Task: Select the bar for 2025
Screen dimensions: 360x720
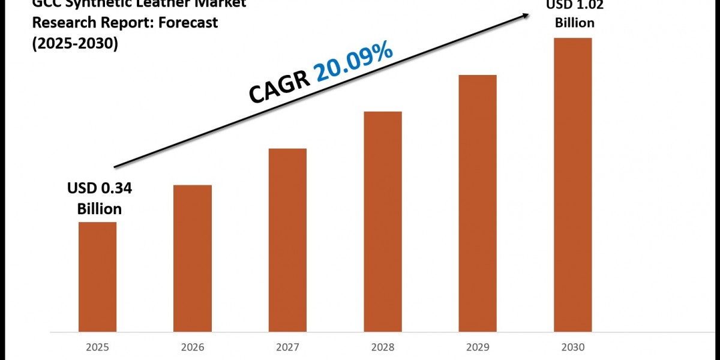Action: (x=97, y=277)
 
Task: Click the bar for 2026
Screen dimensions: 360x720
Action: (x=193, y=258)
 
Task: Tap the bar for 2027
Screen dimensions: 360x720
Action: (x=287, y=240)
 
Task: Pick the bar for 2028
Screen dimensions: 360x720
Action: (x=383, y=221)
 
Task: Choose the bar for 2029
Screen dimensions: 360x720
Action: (x=478, y=203)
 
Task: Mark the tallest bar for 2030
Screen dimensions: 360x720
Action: (x=572, y=185)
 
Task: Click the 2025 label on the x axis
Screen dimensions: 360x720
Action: (x=97, y=347)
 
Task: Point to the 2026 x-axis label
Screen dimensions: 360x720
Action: (x=193, y=347)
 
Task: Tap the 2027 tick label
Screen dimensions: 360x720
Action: (x=287, y=347)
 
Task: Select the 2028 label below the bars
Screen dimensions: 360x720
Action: (x=383, y=347)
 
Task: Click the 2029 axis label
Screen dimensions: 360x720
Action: (x=478, y=347)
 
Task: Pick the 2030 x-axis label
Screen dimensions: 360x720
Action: (x=572, y=347)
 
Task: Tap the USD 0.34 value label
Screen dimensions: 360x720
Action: (x=99, y=189)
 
